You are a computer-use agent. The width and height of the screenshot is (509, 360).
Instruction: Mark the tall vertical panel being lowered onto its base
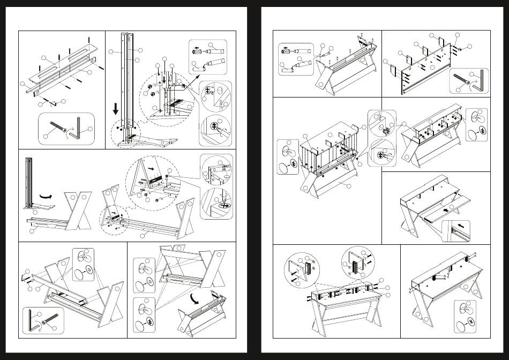[x=126, y=86]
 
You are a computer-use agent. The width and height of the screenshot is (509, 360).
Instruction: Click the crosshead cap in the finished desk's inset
[x=470, y=321]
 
